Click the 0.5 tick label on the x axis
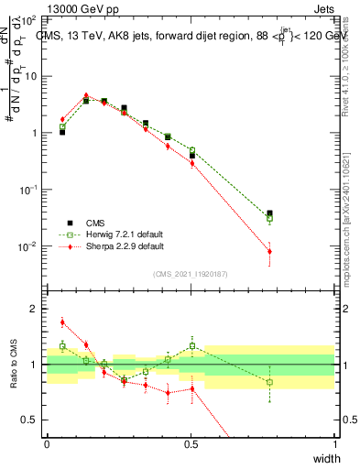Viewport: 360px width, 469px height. point(191,444)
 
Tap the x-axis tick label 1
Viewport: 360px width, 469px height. point(335,444)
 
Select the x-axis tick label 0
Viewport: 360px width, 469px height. point(47,444)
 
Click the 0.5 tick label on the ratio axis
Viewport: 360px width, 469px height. point(33,420)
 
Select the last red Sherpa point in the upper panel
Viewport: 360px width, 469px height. point(269,251)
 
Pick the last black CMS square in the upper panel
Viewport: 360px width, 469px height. point(269,213)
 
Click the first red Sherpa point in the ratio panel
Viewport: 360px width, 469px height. point(62,322)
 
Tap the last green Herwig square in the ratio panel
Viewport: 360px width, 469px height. point(269,382)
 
